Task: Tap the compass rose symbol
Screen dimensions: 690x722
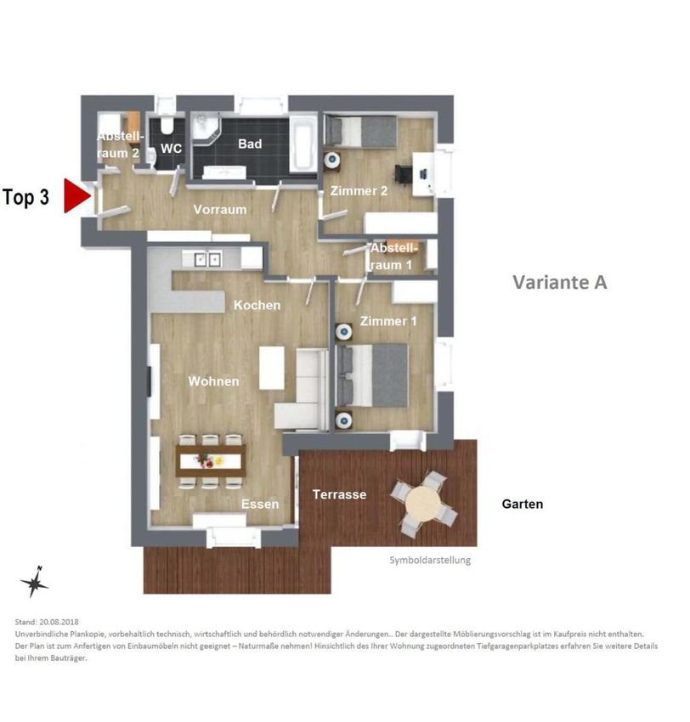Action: pyautogui.click(x=34, y=582)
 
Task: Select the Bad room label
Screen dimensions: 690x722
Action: pyautogui.click(x=250, y=144)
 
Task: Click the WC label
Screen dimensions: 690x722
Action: pyautogui.click(x=171, y=149)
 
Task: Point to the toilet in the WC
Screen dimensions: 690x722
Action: pyautogui.click(x=166, y=126)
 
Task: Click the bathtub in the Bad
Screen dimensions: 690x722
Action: pyautogui.click(x=303, y=144)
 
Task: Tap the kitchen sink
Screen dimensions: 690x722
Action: pyautogui.click(x=207, y=259)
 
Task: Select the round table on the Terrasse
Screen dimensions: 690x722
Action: pyautogui.click(x=424, y=502)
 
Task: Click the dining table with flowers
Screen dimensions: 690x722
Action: pyautogui.click(x=211, y=460)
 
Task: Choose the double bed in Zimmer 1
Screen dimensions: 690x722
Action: pyautogui.click(x=372, y=375)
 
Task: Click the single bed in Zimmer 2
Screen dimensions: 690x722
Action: pyautogui.click(x=360, y=131)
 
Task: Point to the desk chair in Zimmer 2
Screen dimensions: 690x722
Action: pyautogui.click(x=404, y=174)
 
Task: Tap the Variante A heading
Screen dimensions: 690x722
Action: pyautogui.click(x=560, y=282)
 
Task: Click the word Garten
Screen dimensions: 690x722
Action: pyautogui.click(x=523, y=504)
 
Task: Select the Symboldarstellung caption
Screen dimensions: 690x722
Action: pyautogui.click(x=430, y=561)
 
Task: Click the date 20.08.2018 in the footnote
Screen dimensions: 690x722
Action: pyautogui.click(x=59, y=622)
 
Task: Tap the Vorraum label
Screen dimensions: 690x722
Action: pyautogui.click(x=220, y=210)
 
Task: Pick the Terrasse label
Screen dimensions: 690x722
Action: pyautogui.click(x=339, y=494)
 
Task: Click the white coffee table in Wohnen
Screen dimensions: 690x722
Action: pyautogui.click(x=272, y=368)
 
